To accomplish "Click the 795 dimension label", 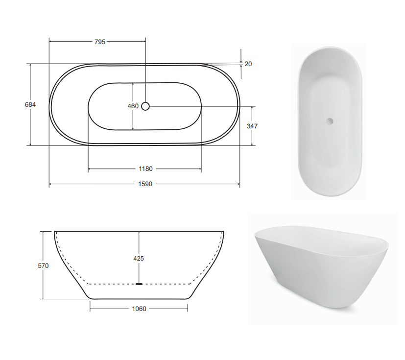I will click(x=100, y=42).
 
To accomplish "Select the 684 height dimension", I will click(x=30, y=104).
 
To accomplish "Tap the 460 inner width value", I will click(x=133, y=106).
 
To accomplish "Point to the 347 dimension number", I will click(x=252, y=126).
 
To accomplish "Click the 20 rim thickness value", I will click(x=248, y=64).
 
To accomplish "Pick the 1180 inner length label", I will click(x=145, y=169).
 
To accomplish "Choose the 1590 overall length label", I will click(x=145, y=184).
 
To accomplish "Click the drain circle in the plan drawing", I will click(x=145, y=106).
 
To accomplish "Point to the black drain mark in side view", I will click(x=139, y=283).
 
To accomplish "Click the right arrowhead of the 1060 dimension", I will click(x=187, y=309).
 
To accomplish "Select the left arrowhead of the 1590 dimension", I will click(x=50, y=184).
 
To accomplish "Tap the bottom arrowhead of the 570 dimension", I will click(x=44, y=297).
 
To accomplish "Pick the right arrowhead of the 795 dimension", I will click(x=144, y=42).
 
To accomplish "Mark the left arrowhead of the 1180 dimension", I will click(x=90, y=169).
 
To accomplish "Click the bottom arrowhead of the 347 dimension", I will click(x=252, y=144).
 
